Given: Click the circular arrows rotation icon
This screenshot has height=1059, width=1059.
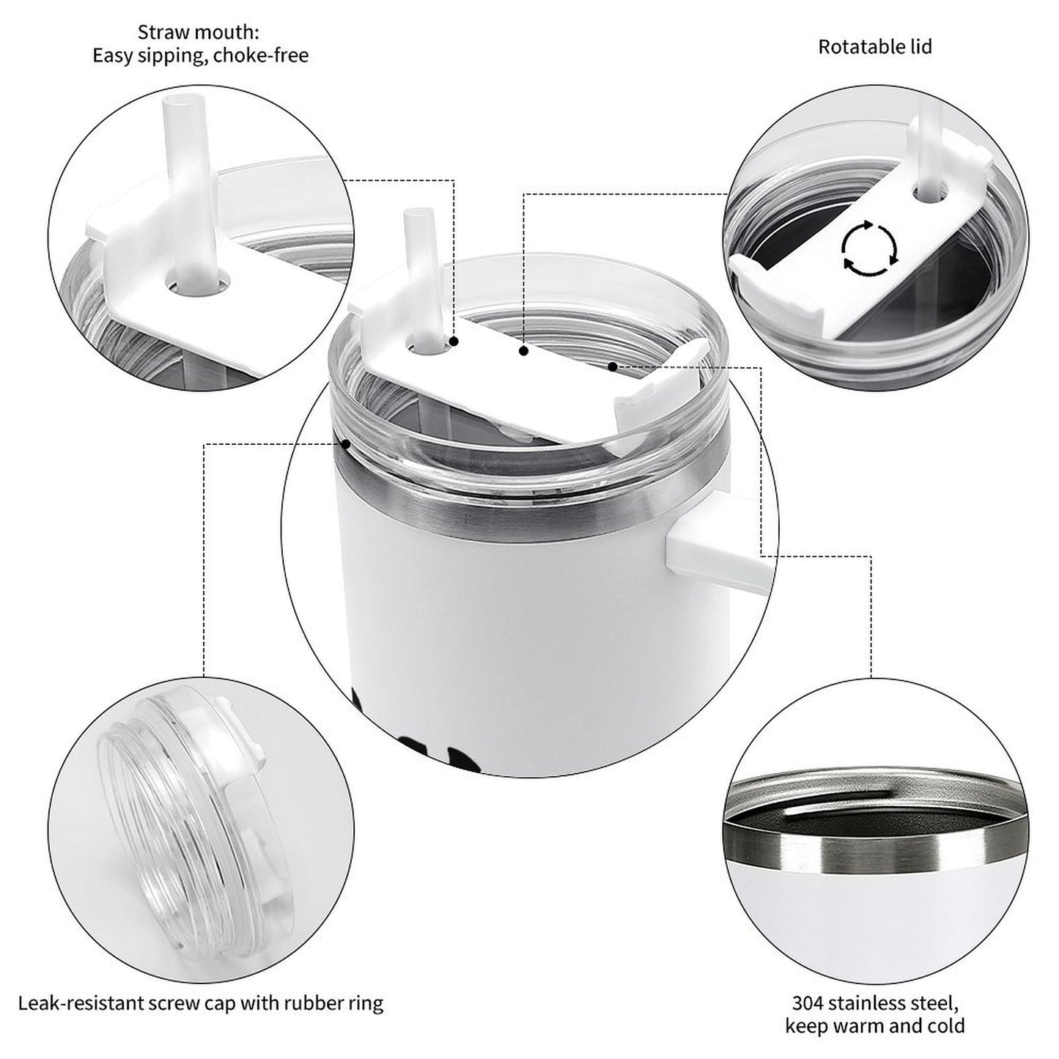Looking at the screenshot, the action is pos(870,248).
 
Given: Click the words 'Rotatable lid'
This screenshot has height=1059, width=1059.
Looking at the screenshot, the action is pos(875,47).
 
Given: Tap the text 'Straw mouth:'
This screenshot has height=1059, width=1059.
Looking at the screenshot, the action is pos(198,32).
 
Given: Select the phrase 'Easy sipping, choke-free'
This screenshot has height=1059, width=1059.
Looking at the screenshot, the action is pos(201,56).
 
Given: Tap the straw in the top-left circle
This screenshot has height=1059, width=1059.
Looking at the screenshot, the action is pos(188,187).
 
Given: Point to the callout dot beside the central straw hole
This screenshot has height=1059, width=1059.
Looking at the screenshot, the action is pos(454,342).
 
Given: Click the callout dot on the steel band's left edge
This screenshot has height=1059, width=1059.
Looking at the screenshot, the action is pos(346,443).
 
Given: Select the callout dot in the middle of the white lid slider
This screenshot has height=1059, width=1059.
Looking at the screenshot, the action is pos(524,350).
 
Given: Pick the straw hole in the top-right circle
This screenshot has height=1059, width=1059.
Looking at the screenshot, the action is pos(930,192).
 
